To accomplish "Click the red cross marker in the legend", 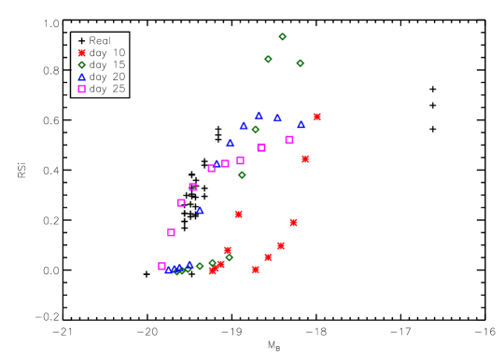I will click(82, 53).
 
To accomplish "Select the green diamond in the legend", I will click(82, 65).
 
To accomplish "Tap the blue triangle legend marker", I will click(82, 77).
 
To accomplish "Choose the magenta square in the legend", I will click(82, 90).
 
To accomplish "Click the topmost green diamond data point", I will click(283, 37).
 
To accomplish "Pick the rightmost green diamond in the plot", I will click(301, 63).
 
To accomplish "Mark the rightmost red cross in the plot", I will click(317, 117).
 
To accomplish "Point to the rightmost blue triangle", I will click(301, 124).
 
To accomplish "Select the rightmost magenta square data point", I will click(289, 140).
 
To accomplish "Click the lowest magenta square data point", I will click(162, 266).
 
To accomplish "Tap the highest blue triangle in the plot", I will click(259, 117).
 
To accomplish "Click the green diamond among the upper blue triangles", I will click(256, 130).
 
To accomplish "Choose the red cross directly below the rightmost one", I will click(305, 159).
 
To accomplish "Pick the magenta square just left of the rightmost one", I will click(261, 147).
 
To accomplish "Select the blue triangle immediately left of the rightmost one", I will click(277, 118).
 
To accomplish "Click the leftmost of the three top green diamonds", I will click(268, 60).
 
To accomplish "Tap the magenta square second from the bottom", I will click(172, 232).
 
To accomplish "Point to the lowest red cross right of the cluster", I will click(256, 270).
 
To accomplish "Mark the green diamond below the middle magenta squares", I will click(242, 175).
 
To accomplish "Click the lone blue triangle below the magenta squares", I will click(200, 211).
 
